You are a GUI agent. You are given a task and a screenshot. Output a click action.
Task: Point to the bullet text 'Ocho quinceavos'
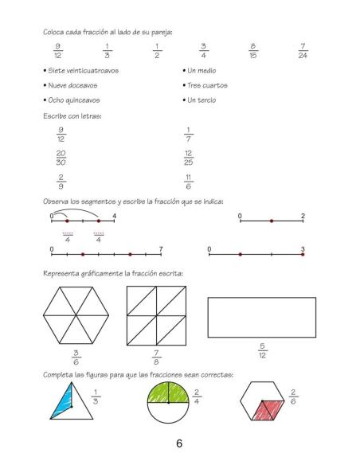point(72,100)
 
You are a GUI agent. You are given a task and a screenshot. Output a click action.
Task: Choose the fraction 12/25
point(189,156)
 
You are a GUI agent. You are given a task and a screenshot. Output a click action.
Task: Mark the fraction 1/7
point(189,133)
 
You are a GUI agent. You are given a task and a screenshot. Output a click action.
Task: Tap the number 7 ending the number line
point(161,250)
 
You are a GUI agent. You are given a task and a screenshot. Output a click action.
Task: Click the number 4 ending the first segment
point(115,216)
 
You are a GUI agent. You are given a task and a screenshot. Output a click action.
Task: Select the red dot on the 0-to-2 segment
point(271,221)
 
